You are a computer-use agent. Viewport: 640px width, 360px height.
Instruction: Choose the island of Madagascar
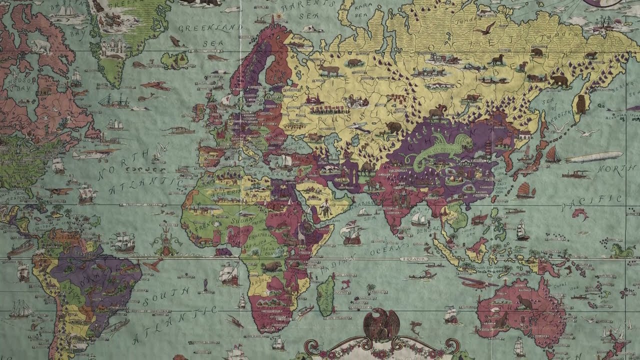pyautogui.click(x=326, y=296)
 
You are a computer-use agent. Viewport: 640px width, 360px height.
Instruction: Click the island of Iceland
pyautogui.click(x=174, y=60)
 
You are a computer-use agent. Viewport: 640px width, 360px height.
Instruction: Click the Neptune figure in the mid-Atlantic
pyautogui.click(x=165, y=245)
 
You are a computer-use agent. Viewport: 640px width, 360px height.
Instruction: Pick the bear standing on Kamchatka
pyautogui.click(x=580, y=104)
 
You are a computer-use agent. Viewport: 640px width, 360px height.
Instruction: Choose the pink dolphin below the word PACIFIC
pyautogui.click(x=580, y=215)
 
